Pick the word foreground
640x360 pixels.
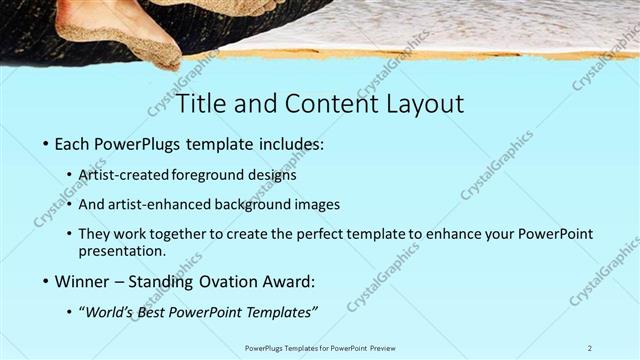[x=211, y=174]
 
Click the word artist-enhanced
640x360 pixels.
[x=157, y=204]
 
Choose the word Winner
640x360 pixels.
[x=82, y=281]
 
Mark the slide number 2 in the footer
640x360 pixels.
[x=590, y=347]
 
